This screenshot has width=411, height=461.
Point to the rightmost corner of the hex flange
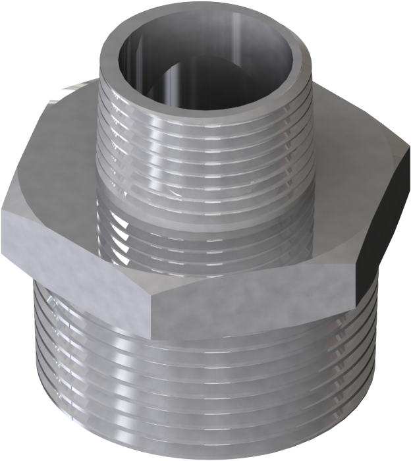tap(403, 168)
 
